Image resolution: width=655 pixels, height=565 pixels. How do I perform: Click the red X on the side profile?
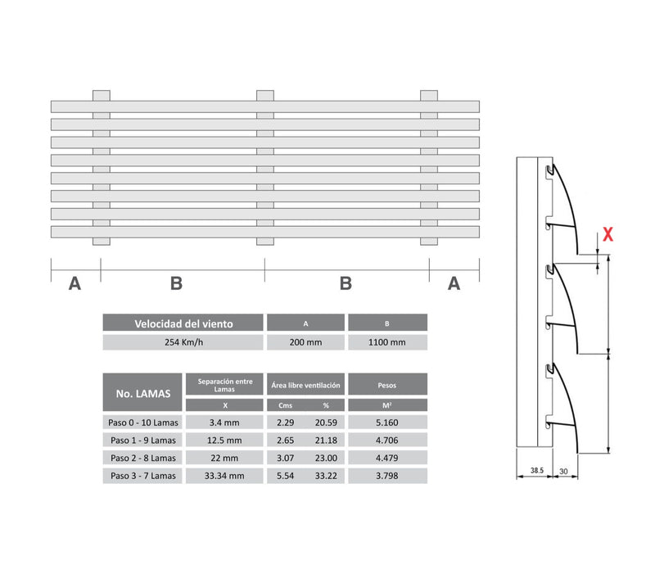(x=608, y=234)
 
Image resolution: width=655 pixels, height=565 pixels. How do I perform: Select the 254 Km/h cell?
(x=183, y=342)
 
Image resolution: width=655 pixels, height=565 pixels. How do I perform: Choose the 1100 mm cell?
(x=387, y=342)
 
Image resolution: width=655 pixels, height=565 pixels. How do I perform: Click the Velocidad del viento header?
(x=183, y=323)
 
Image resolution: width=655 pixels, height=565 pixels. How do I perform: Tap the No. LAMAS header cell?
(x=143, y=393)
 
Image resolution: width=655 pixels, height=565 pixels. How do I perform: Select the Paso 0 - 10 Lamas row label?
(x=143, y=422)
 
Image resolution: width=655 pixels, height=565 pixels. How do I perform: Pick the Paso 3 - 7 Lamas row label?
(x=143, y=475)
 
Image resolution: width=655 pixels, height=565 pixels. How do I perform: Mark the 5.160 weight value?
(x=387, y=422)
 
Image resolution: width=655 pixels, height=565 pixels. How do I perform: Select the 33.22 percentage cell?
(x=326, y=475)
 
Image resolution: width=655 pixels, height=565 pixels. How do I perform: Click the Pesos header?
(x=387, y=383)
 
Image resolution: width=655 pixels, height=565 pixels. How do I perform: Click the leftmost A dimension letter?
(x=75, y=283)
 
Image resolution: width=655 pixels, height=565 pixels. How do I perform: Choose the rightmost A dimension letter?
(x=454, y=283)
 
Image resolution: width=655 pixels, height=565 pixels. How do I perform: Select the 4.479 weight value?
(x=387, y=457)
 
